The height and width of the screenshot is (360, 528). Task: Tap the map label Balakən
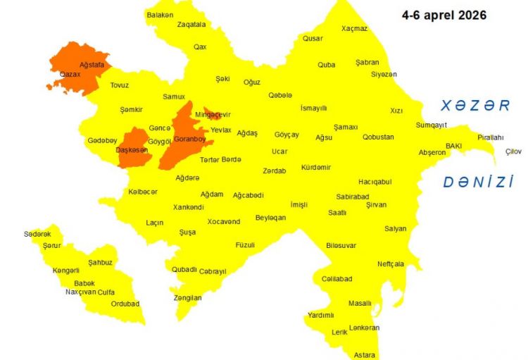click(x=160, y=14)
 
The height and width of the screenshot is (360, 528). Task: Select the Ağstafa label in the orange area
click(x=92, y=64)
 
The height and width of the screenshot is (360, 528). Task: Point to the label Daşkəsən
click(x=132, y=151)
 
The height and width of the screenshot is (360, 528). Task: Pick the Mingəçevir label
click(x=213, y=114)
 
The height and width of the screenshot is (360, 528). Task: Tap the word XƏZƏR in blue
click(x=475, y=106)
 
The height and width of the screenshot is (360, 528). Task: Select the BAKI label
click(x=453, y=145)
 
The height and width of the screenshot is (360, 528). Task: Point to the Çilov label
click(x=514, y=151)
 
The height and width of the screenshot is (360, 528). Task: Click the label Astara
click(x=365, y=354)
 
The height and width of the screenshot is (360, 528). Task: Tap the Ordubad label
click(x=125, y=304)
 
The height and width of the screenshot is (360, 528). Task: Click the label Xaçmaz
click(x=354, y=28)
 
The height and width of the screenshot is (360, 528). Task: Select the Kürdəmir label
click(x=315, y=167)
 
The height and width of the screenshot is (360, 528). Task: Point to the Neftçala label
click(x=391, y=264)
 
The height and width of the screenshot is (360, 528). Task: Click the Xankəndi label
click(x=189, y=207)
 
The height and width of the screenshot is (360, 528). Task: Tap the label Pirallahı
click(x=491, y=137)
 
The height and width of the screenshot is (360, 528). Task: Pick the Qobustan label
click(x=378, y=137)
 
